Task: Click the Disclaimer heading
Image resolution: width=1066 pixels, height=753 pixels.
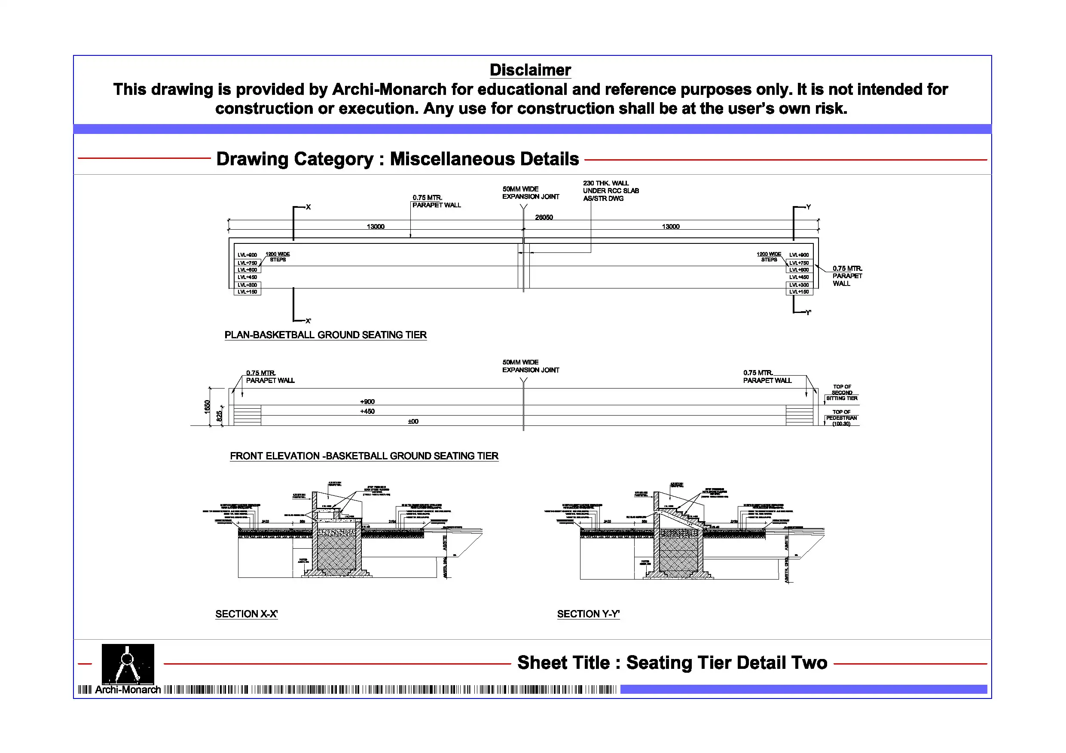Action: (x=530, y=70)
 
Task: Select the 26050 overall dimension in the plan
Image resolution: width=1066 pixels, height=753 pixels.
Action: (x=544, y=217)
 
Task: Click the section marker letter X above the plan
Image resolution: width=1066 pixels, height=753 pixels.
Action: (x=308, y=207)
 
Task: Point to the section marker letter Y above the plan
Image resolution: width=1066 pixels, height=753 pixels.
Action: (x=808, y=207)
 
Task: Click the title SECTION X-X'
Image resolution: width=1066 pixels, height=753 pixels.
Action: (x=246, y=614)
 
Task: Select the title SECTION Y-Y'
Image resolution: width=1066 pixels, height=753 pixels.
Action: (x=588, y=614)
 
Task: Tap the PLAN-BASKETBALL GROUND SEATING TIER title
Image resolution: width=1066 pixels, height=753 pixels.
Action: (x=325, y=335)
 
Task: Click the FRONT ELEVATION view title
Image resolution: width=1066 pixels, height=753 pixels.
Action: (x=364, y=456)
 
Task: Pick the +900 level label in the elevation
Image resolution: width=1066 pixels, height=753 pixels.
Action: (x=367, y=402)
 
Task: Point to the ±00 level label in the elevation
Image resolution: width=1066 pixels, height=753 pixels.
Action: (x=413, y=421)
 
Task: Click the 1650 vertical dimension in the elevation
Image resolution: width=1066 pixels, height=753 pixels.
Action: (x=207, y=407)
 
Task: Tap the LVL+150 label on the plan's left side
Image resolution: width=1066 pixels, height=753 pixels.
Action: (x=247, y=292)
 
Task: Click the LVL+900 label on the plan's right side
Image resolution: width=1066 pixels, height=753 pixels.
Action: (x=799, y=255)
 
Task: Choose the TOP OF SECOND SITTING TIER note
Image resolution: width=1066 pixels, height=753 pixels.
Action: (x=841, y=392)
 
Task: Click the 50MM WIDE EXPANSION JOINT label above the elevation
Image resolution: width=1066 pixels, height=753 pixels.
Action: (x=530, y=366)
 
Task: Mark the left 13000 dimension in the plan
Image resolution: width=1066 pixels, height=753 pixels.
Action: (x=376, y=226)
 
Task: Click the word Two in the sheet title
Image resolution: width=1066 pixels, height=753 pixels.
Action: (x=810, y=663)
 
